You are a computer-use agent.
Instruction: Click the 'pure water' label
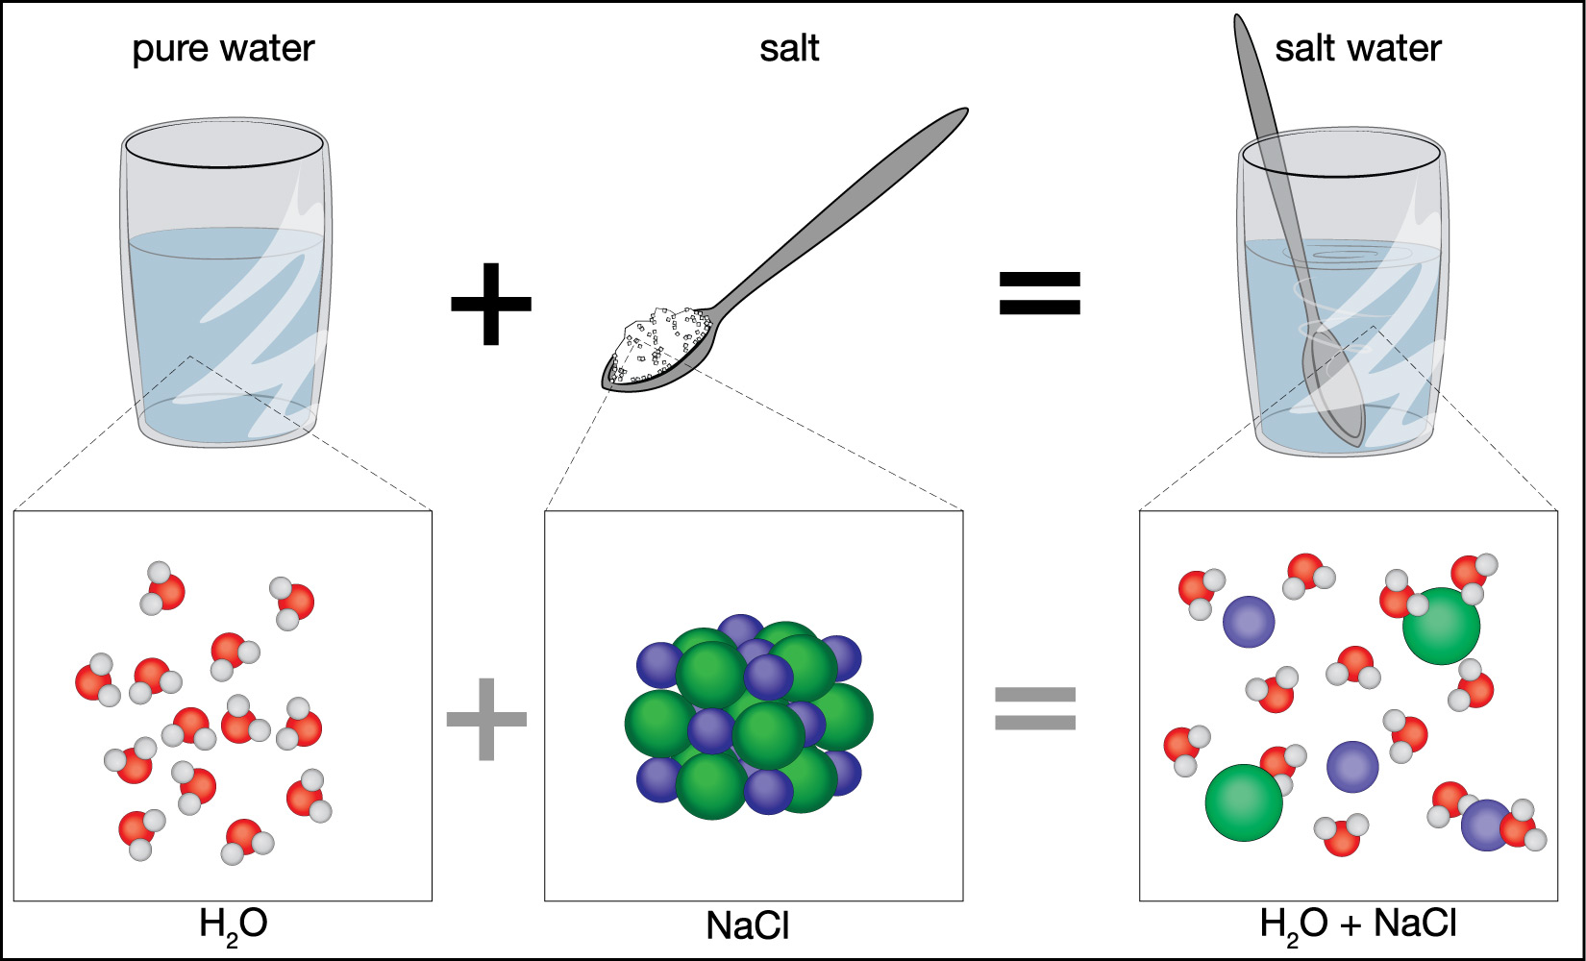pos(223,49)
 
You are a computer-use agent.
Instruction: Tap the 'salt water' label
pos(1357,49)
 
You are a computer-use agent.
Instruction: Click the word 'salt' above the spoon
pos(789,49)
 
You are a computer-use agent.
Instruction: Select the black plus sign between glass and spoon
pos(491,304)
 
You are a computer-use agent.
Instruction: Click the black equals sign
pos(1040,294)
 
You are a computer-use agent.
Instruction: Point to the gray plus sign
pos(487,719)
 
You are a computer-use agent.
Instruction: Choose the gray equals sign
pos(1035,708)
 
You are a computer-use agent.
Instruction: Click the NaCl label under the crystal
pos(748,925)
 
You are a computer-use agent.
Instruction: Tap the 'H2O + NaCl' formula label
pos(1357,924)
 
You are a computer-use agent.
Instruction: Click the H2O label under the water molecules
pos(233,924)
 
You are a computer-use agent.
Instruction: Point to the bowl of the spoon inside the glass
pos(1333,389)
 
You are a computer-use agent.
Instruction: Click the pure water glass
pos(227,288)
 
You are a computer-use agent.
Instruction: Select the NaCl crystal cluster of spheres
pos(748,716)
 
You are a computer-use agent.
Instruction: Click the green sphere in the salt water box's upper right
pos(1441,626)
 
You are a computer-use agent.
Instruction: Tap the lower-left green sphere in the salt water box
pos(1244,802)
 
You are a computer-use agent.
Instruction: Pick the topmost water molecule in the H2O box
pos(162,587)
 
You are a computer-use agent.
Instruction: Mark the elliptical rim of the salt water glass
pos(1340,155)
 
